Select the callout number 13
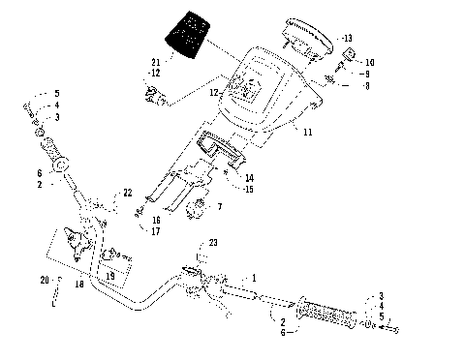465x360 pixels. coord(347,38)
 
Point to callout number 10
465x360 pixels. coord(368,62)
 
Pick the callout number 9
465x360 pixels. coord(365,74)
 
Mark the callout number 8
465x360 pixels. coord(365,85)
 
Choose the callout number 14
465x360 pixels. coord(249,177)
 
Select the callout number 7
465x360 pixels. coord(220,207)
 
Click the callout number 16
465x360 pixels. coord(155,220)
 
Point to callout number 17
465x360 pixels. coord(155,230)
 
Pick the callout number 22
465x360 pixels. coord(127,194)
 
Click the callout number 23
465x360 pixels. coord(214,243)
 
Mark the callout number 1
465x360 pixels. coord(254,277)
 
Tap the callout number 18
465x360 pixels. coord(79,287)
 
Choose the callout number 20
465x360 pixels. coord(45,281)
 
